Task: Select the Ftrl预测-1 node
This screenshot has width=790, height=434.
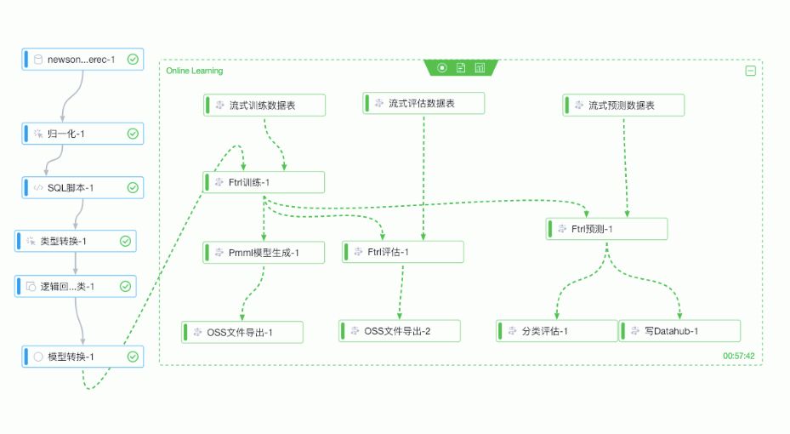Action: [607, 229]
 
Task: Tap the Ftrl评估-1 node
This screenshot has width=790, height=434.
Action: [403, 252]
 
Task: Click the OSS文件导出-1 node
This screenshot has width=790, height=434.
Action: [242, 332]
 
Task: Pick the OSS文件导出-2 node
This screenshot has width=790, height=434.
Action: [399, 331]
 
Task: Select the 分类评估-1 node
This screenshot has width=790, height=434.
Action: [557, 331]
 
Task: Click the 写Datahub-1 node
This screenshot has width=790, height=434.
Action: [679, 331]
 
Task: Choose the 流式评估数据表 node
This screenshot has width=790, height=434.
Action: [423, 103]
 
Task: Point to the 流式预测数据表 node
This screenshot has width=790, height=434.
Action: [623, 106]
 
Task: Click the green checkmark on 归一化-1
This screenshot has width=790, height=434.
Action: [133, 134]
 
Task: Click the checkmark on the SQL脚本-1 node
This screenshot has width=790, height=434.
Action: [133, 187]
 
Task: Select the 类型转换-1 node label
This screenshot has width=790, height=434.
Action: [64, 242]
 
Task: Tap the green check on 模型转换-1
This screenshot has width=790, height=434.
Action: [133, 357]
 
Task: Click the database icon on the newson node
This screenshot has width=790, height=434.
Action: [37, 60]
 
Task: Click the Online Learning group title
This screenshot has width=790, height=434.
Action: [195, 71]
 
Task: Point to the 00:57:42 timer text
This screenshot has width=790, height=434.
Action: [739, 356]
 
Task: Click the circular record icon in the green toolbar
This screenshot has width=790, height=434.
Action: [441, 68]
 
